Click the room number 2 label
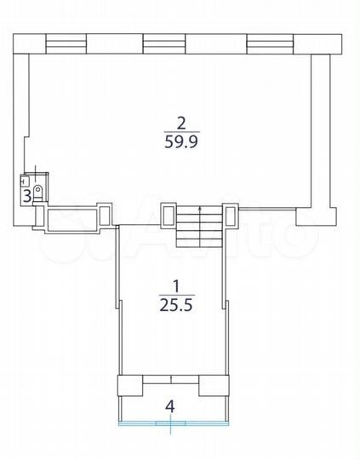pos(181,124)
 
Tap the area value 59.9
pos(181,142)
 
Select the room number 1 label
pos(176,286)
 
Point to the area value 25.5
pos(176,305)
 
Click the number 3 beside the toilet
pos(27,196)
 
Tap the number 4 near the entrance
pos(170,406)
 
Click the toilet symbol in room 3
pos(37,193)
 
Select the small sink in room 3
pos(25,181)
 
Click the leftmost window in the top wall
pos(66,43)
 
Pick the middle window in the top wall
pos(164,43)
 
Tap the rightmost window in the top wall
pos(270,44)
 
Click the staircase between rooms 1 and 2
pos(199,227)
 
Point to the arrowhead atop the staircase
pos(200,209)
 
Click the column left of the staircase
pos(168,216)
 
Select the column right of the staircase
pos(231,216)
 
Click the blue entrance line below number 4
pos(174,423)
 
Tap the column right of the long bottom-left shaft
pos(105,216)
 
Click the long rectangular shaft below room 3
pos(72,219)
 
